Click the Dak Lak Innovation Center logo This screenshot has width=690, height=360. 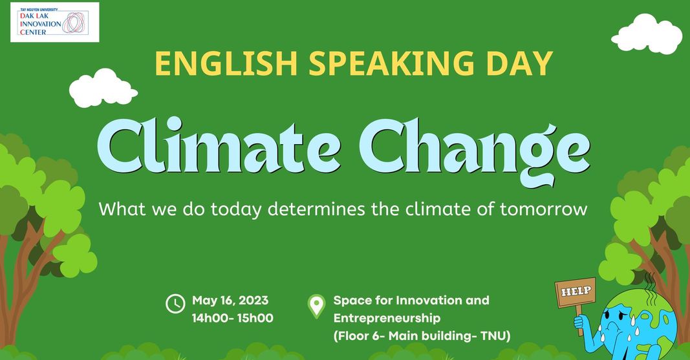pyautogui.click(x=54, y=22)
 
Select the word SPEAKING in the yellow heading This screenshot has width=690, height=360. pyautogui.click(x=392, y=64)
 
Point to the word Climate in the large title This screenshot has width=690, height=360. pyautogui.click(x=219, y=146)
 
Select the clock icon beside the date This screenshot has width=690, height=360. pyautogui.click(x=175, y=303)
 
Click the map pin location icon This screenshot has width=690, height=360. pyautogui.click(x=316, y=306)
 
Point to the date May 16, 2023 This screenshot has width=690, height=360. pyautogui.click(x=230, y=301)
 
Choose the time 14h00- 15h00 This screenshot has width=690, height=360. pyautogui.click(x=232, y=318)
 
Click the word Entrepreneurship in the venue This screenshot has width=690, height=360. pyautogui.click(x=387, y=319)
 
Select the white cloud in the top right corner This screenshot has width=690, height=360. pyautogui.click(x=647, y=34)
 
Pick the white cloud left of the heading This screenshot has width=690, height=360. pyautogui.click(x=103, y=88)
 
